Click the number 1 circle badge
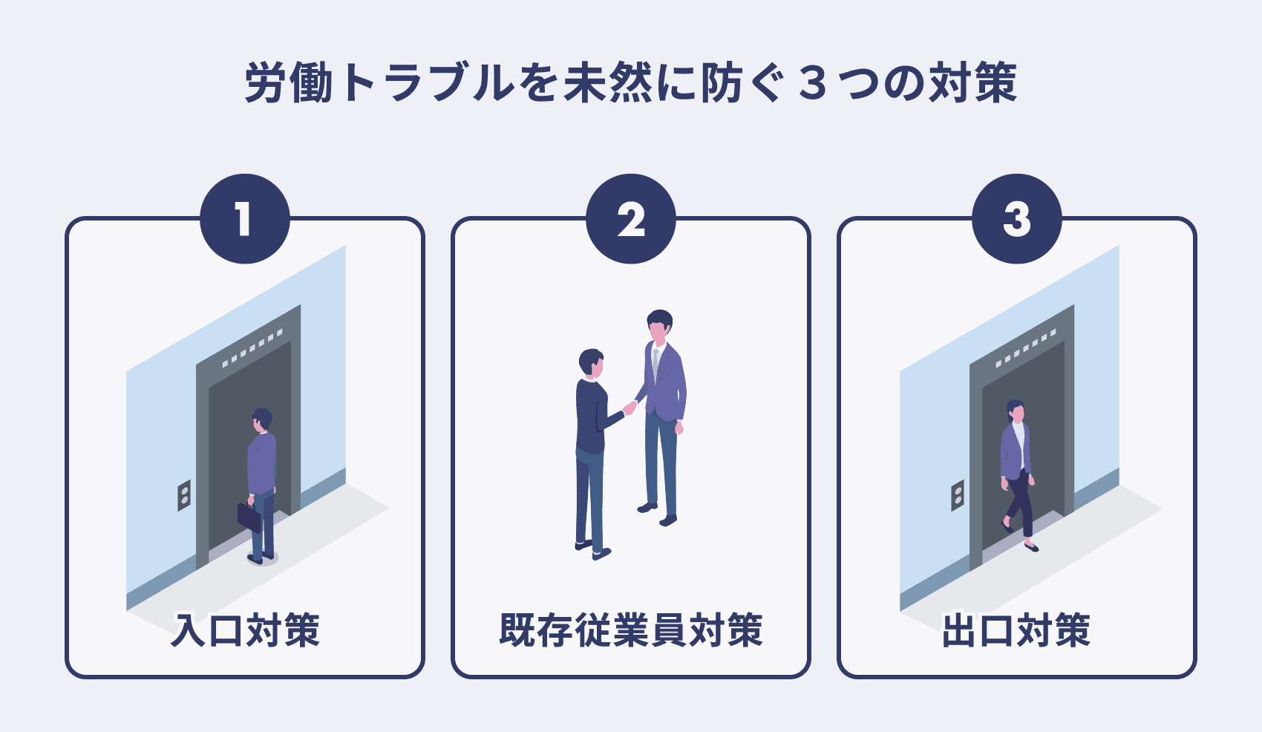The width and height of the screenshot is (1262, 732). (244, 219)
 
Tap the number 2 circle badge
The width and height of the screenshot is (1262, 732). (630, 219)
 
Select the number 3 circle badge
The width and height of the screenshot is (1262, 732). (1016, 219)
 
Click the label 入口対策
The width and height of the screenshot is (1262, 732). (245, 630)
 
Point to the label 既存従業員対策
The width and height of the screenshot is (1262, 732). (630, 630)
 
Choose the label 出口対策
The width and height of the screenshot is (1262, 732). (1016, 630)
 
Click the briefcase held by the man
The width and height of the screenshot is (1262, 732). (249, 515)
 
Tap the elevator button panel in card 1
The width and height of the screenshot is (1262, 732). (184, 495)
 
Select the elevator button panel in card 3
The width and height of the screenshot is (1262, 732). (958, 495)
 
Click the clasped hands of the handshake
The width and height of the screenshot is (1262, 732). (630, 407)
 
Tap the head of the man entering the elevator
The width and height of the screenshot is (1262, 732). (262, 419)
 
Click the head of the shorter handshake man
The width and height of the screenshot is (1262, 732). (592, 363)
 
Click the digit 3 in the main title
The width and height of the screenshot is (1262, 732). (814, 82)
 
